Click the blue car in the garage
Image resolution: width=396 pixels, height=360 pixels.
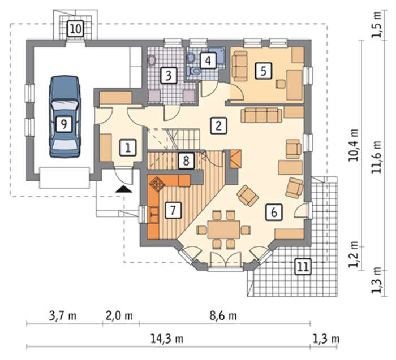click(x=65, y=117)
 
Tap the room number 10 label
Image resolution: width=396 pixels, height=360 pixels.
click(x=75, y=29)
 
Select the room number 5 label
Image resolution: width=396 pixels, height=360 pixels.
click(x=264, y=71)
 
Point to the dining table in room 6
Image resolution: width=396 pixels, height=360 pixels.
click(x=224, y=229)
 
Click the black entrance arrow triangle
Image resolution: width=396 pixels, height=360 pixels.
click(x=123, y=189)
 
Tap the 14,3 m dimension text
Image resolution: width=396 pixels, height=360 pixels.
click(x=167, y=339)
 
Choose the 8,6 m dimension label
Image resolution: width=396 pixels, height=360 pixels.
click(x=223, y=315)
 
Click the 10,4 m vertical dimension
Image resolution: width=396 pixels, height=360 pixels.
click(x=354, y=145)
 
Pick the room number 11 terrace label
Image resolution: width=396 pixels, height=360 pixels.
click(x=303, y=266)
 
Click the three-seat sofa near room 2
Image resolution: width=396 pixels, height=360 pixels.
click(x=261, y=115)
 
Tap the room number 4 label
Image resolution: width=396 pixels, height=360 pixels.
click(x=208, y=60)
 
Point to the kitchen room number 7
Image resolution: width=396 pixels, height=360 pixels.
click(x=173, y=210)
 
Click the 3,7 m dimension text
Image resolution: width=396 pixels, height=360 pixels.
click(x=62, y=316)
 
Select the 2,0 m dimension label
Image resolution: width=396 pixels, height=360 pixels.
click(x=119, y=316)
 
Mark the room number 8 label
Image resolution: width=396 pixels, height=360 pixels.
click(x=186, y=161)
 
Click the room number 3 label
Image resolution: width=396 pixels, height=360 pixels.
click(x=169, y=75)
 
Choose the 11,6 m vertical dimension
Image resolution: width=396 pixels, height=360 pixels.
click(x=377, y=157)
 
